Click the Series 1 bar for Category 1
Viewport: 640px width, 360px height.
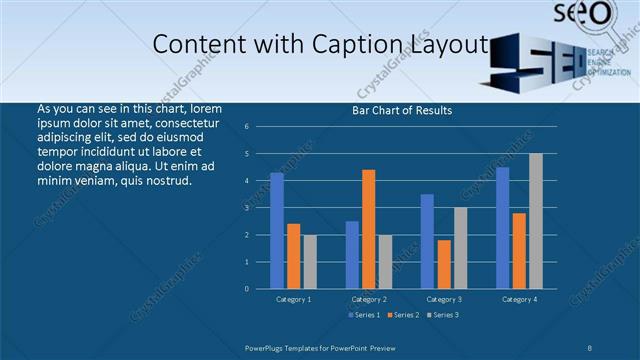[277, 230]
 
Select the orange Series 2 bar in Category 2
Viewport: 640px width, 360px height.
[368, 229]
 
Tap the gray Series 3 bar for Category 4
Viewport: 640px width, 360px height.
[535, 221]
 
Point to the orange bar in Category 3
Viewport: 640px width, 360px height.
[443, 264]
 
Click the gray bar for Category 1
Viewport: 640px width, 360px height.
[309, 261]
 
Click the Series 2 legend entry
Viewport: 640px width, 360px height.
[403, 316]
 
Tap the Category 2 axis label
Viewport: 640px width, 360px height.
[368, 299]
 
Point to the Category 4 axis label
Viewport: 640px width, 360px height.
[519, 299]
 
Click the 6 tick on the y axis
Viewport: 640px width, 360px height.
[246, 127]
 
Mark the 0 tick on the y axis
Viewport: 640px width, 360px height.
[246, 288]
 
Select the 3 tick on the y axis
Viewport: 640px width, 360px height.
[246, 208]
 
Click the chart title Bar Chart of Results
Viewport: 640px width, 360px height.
[402, 110]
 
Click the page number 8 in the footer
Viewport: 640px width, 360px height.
[590, 347]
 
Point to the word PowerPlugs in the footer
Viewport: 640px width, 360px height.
[267, 347]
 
